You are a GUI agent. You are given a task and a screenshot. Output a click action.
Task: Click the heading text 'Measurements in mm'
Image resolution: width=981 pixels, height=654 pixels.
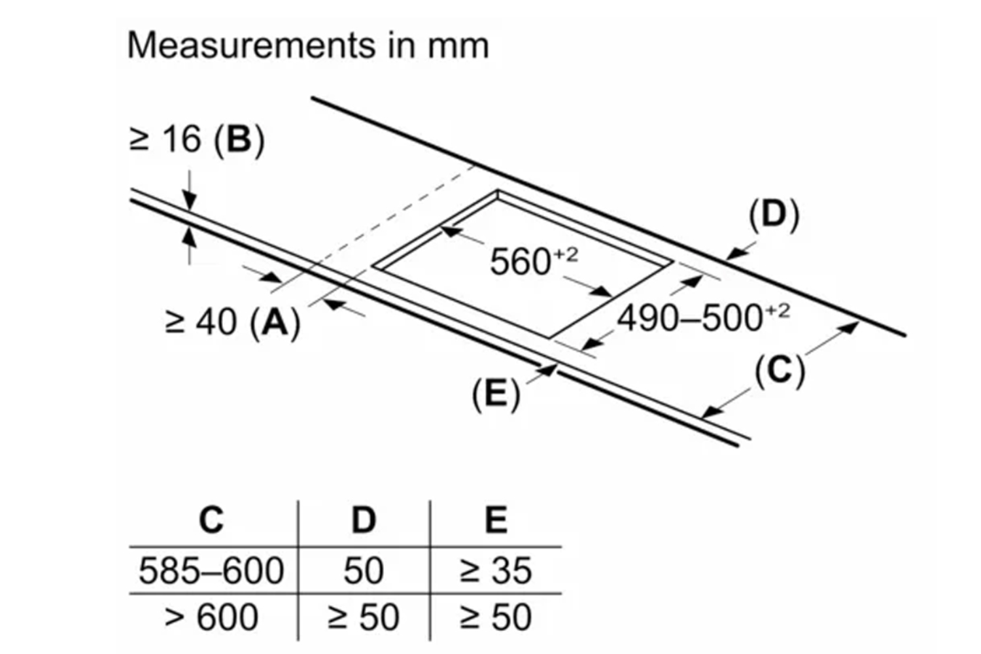tap(307, 46)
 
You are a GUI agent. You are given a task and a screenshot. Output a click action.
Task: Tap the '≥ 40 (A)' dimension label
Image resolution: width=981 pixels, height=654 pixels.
tap(233, 322)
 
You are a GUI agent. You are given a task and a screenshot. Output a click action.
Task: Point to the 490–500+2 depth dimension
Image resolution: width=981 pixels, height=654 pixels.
tap(703, 318)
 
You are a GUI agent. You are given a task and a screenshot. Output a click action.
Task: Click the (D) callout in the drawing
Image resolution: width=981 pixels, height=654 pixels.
tap(774, 215)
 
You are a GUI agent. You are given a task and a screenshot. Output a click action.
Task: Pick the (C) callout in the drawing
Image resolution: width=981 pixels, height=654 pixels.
tap(779, 371)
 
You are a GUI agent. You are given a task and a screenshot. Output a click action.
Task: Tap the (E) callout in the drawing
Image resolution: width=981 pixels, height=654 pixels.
tap(496, 394)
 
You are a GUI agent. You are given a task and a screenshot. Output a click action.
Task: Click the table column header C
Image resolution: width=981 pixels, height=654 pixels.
tap(211, 520)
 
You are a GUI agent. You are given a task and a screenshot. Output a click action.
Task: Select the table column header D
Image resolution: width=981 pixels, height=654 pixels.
tap(364, 520)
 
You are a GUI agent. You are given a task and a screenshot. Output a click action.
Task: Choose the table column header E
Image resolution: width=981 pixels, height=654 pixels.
tap(496, 520)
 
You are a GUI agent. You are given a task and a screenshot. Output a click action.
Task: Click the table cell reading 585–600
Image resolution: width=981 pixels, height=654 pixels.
tap(211, 570)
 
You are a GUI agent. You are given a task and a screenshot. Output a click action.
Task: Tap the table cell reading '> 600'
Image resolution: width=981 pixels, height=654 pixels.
tap(211, 617)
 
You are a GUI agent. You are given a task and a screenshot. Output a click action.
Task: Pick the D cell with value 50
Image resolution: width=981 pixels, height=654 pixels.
tap(364, 570)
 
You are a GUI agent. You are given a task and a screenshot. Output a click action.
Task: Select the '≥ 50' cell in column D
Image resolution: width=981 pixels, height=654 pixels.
tap(364, 617)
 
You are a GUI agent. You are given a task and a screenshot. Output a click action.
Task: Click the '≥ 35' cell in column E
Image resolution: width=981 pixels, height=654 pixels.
tap(496, 570)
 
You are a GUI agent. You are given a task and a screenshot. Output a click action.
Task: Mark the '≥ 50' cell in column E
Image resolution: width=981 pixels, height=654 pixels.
tap(496, 617)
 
